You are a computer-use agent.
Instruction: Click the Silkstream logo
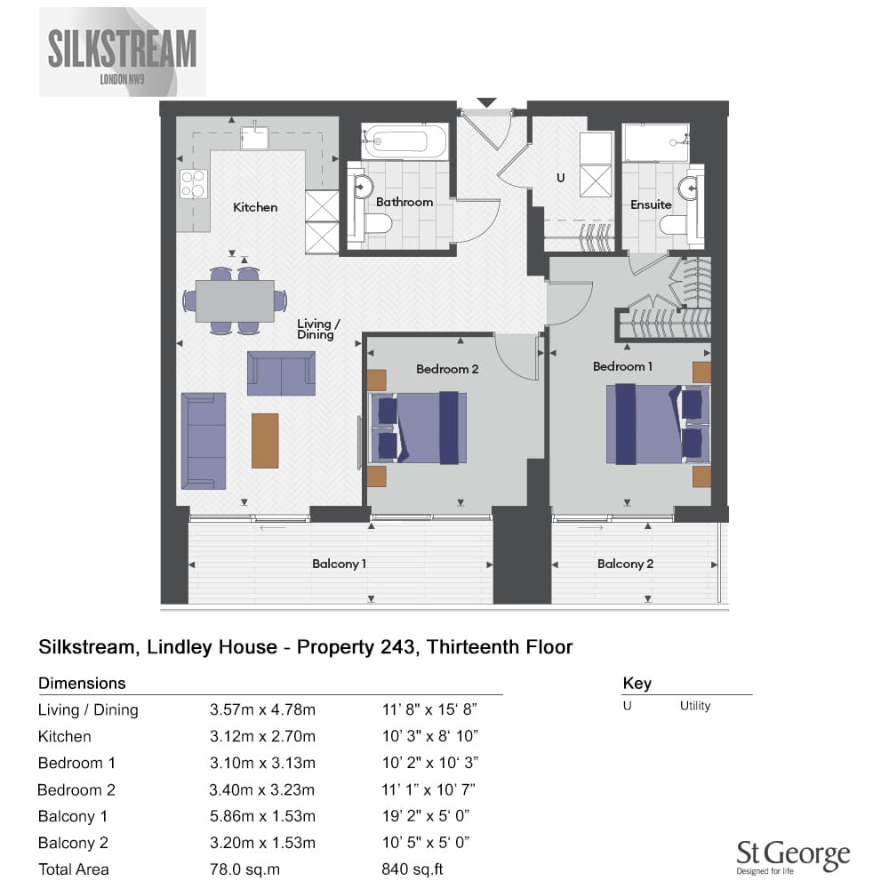click(123, 52)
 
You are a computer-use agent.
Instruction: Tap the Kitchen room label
click(255, 207)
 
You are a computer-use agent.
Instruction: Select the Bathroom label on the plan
click(404, 203)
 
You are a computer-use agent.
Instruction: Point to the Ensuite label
click(651, 204)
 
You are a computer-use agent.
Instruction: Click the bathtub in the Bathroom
click(404, 141)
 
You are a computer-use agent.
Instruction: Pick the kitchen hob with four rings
click(193, 184)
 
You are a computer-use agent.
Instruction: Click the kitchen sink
click(254, 137)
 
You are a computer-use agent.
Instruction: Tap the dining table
click(235, 301)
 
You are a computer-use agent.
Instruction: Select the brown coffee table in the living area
click(265, 441)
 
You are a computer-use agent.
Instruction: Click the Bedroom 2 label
click(447, 369)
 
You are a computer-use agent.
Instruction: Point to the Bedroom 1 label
click(622, 367)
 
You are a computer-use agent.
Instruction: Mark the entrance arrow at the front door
click(486, 102)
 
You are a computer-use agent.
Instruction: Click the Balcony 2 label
click(625, 564)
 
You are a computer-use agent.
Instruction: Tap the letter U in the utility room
click(561, 178)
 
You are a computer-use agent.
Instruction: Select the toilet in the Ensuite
click(675, 225)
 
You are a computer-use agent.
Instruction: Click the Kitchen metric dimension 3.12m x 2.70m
click(262, 736)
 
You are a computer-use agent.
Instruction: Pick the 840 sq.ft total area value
click(412, 869)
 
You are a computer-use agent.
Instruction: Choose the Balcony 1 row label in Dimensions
click(73, 816)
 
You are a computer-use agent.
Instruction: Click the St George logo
click(793, 857)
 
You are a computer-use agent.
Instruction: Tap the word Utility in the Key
click(695, 706)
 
